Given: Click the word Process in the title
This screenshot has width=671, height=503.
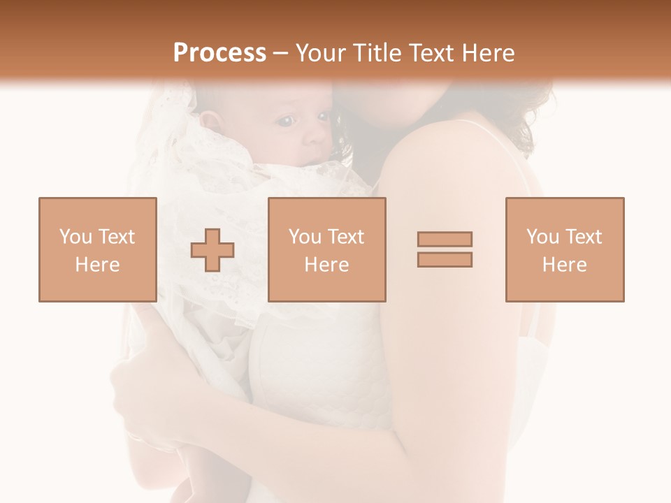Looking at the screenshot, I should (219, 53).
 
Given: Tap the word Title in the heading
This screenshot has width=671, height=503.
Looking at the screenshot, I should (377, 53).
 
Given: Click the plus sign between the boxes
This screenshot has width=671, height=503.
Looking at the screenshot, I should (212, 249).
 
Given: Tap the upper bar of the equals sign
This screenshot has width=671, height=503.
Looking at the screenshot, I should (445, 239).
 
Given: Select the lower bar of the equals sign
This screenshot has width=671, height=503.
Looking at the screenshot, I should (445, 259).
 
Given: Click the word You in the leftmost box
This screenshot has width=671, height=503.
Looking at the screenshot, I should (75, 237).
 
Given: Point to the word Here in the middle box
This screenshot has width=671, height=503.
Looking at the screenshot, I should (327, 265).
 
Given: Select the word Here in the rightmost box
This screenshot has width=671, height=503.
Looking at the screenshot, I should (565, 265).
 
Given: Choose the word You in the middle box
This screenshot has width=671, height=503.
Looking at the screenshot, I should (305, 237).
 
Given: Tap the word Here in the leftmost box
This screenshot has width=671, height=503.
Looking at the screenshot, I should (98, 265).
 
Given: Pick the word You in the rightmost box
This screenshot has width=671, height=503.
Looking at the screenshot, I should (542, 237).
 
